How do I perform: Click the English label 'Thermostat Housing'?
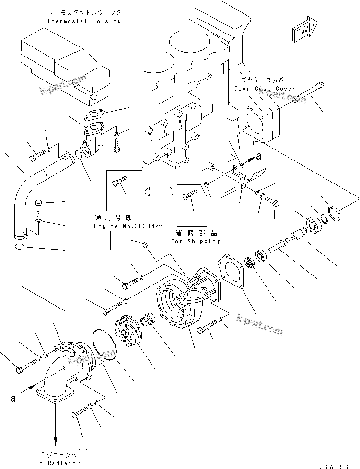pyautogui.click(x=84, y=21)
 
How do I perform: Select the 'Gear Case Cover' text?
pyautogui.click(x=258, y=89)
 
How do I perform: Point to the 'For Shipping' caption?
pyautogui.click(x=195, y=241)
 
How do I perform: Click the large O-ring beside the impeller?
pyautogui.click(x=105, y=344)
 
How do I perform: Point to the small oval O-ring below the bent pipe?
pyautogui.click(x=20, y=247)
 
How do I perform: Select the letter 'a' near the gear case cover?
pyautogui.click(x=259, y=156)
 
